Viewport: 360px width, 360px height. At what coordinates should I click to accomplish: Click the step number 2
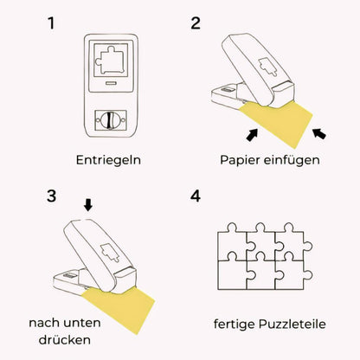[x=196, y=22]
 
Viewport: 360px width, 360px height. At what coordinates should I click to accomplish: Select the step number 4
[x=196, y=196]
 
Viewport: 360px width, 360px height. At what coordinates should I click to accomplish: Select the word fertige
[x=235, y=325]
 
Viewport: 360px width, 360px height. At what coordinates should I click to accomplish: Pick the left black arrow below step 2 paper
[x=253, y=133]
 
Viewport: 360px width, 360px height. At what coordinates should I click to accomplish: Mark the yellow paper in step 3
[x=119, y=303]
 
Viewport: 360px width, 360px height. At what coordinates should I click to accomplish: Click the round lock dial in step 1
[x=110, y=118]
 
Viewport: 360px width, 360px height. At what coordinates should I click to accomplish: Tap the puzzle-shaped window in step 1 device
[x=110, y=61]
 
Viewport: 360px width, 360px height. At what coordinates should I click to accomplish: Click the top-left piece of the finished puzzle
[x=228, y=242]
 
